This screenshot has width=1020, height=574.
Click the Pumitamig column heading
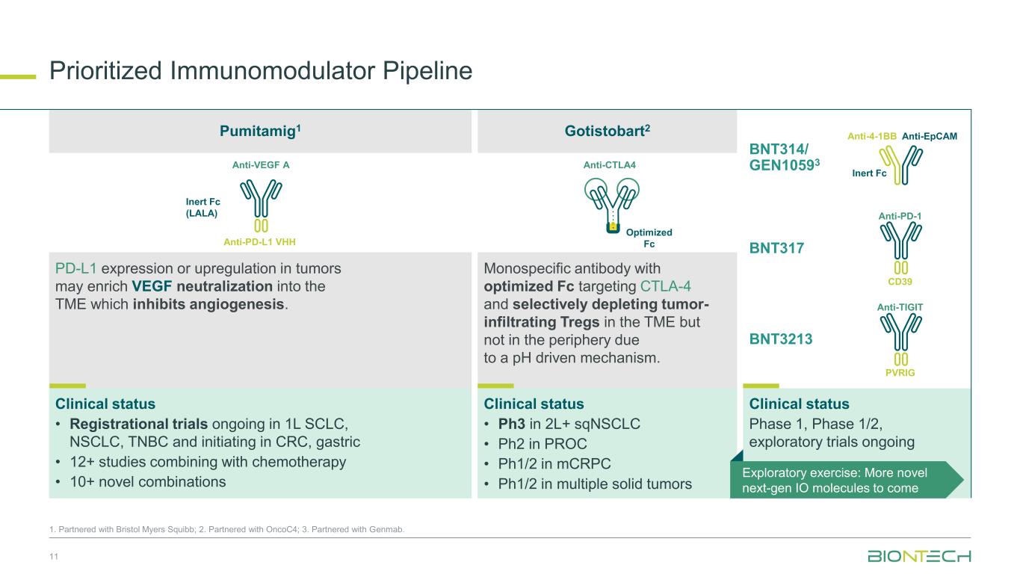click(260, 132)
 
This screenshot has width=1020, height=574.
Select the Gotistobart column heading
click(607, 132)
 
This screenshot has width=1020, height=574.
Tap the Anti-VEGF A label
click(261, 165)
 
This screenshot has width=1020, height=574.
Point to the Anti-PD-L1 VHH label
click(259, 242)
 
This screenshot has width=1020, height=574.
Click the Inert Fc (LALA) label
click(203, 207)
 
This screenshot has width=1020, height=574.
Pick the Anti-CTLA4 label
click(609, 165)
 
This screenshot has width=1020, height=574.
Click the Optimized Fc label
click(649, 238)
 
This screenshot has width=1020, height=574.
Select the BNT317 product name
click(776, 248)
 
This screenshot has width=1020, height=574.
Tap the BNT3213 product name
click(780, 339)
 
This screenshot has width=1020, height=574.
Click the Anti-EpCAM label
click(930, 136)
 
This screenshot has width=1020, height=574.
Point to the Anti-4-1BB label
click(871, 136)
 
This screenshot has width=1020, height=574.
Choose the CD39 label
click(900, 282)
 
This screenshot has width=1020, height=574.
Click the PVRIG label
click(900, 373)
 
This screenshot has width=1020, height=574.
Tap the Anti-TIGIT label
click(900, 307)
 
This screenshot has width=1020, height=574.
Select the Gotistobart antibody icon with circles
click(612, 205)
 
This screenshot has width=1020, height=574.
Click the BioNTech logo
click(919, 556)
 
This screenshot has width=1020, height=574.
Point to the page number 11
click(54, 557)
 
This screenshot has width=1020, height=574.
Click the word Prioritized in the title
click(105, 71)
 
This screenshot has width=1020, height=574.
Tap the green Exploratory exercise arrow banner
click(847, 480)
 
